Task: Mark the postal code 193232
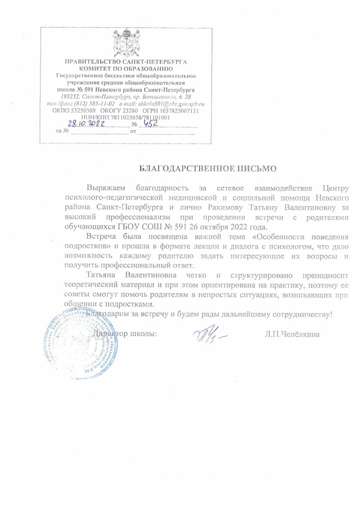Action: click(70, 96)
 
